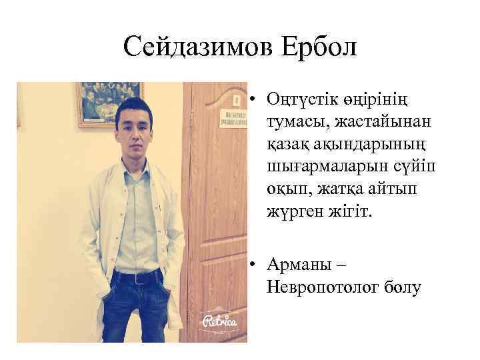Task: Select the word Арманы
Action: [x=297, y=265]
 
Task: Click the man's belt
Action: [x=137, y=273]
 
